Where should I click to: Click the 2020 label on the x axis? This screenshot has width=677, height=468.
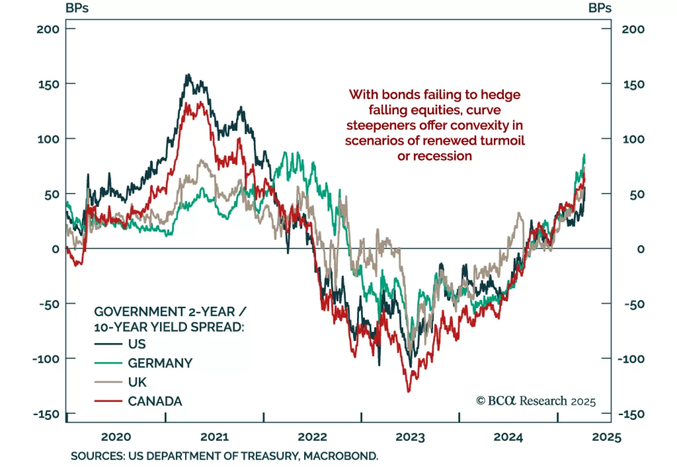click(x=116, y=437)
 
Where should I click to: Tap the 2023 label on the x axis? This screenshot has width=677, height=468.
click(x=410, y=437)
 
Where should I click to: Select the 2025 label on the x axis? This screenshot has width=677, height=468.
click(x=606, y=437)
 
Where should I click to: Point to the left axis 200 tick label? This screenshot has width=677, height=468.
click(x=48, y=29)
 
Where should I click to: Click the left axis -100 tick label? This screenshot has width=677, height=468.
click(x=46, y=359)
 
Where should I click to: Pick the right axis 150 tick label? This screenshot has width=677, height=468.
click(x=633, y=84)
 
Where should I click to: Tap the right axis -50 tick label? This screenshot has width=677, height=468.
click(x=633, y=304)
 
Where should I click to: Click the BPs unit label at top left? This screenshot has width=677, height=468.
click(x=77, y=8)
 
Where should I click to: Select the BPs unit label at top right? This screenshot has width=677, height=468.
click(x=600, y=8)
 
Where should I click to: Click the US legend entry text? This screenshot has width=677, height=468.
click(x=137, y=344)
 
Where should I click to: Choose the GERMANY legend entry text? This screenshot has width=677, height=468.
click(x=160, y=363)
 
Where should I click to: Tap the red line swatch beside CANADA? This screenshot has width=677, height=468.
click(x=108, y=401)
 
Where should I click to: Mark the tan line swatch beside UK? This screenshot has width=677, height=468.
click(x=108, y=382)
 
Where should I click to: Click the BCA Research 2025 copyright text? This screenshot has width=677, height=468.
click(x=536, y=401)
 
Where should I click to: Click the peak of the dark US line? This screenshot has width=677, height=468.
click(x=188, y=75)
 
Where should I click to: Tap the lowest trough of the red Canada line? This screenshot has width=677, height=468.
click(x=408, y=391)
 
